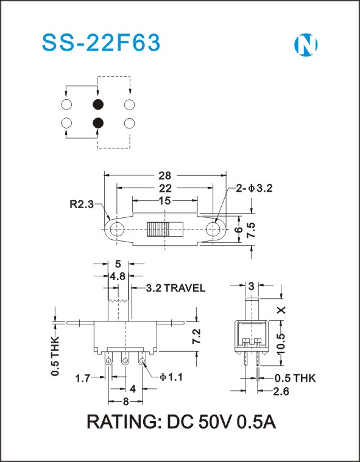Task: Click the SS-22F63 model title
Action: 101,43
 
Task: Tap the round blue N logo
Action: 306,45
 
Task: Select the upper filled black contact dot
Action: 98,104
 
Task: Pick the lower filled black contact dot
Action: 98,123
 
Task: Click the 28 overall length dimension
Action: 165,175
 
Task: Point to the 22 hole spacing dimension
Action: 165,188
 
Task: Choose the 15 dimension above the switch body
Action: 164,201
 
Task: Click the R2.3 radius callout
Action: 82,204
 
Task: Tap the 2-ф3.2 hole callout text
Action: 254,188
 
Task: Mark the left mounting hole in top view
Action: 117,229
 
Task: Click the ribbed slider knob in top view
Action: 158,229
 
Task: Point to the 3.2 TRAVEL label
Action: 175,288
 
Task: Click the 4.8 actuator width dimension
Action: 118,276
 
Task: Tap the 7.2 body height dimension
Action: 197,336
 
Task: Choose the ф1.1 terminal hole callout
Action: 171,377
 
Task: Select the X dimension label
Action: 282,310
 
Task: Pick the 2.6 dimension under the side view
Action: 281,391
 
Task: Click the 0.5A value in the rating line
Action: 256,422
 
